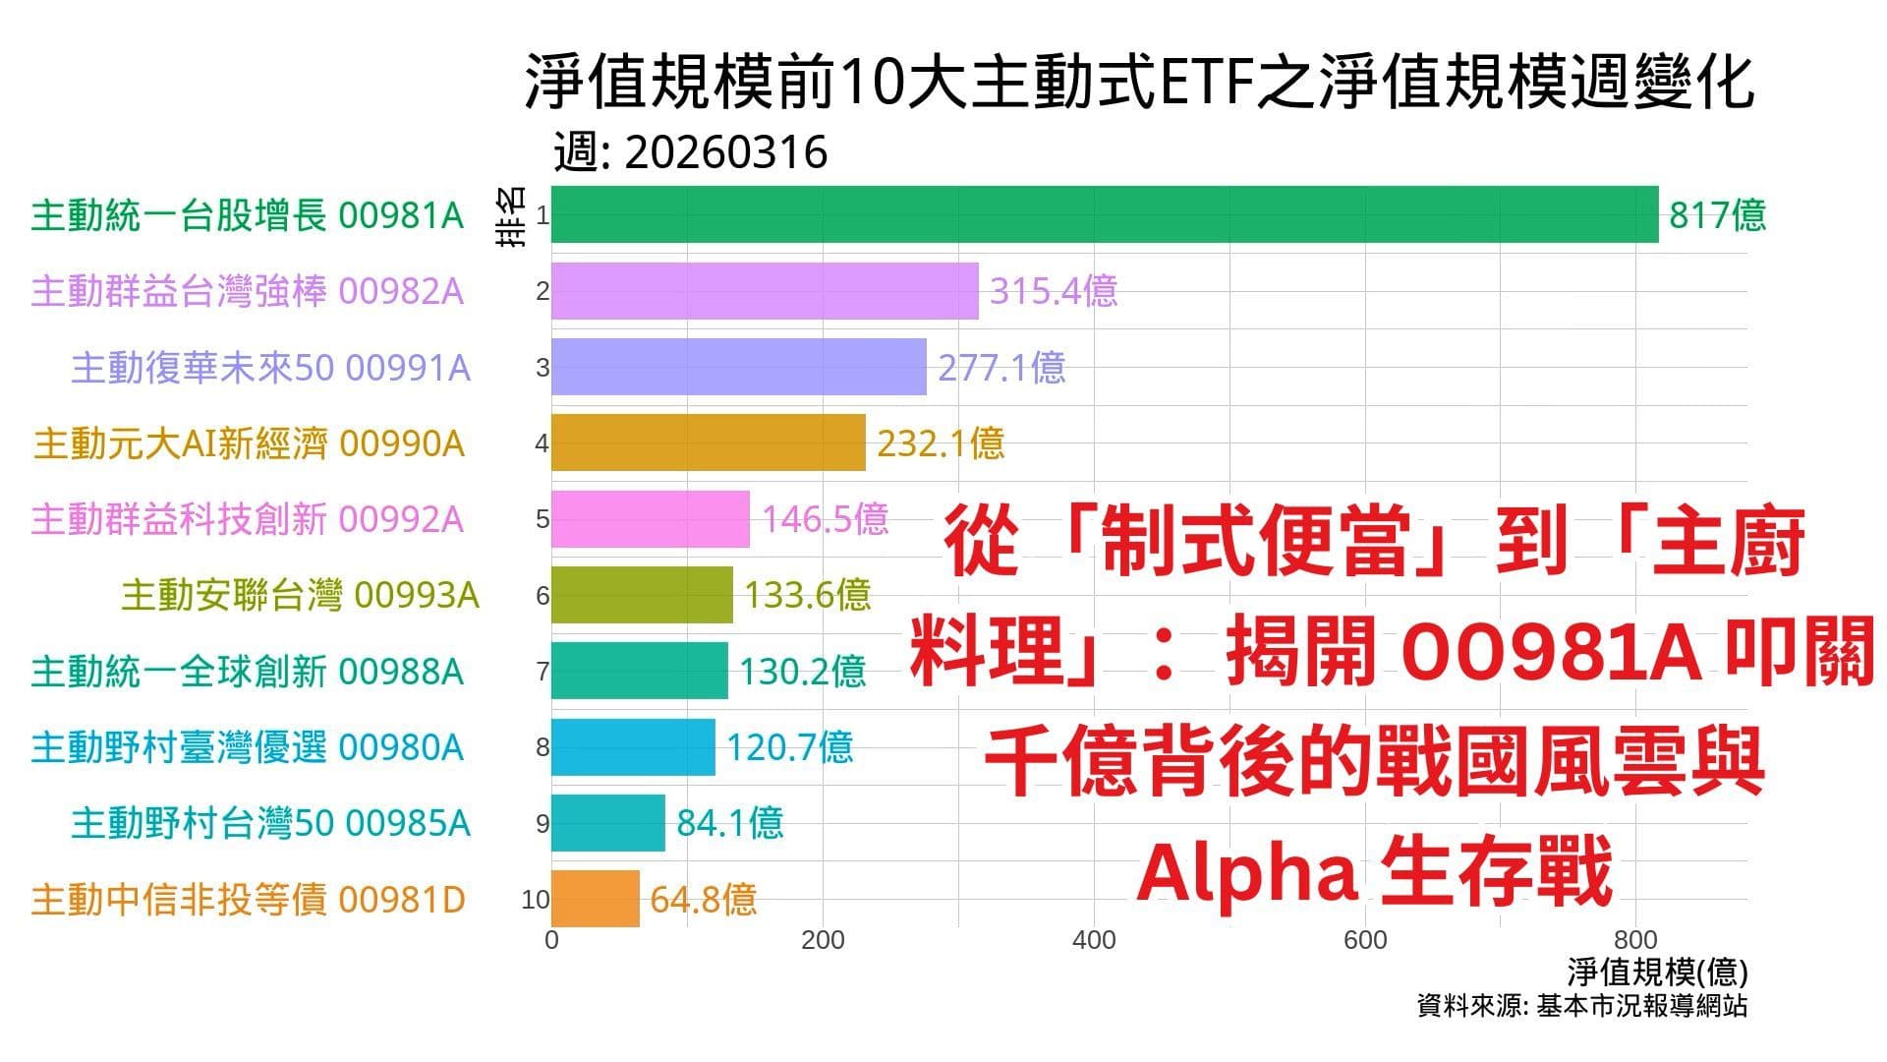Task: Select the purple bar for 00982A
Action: pos(765,291)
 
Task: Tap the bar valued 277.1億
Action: pos(738,367)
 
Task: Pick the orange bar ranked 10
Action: pos(595,899)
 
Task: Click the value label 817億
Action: pos(1717,214)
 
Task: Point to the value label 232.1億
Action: pos(941,443)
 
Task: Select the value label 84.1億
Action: pos(729,823)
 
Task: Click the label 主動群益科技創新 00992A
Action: pos(247,519)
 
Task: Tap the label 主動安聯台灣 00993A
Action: pos(300,595)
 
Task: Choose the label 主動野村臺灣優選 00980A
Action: pos(247,747)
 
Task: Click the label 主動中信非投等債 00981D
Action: pos(248,899)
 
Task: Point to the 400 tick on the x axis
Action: pos(1094,941)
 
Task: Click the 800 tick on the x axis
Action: pos(1636,941)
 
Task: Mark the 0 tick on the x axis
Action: pos(551,941)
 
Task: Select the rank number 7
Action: pos(542,672)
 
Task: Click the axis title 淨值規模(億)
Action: pos(1657,973)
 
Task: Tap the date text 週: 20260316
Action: pos(690,152)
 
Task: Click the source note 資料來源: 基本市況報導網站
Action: pos(1581,1006)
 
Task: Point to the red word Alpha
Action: pos(1247,871)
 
